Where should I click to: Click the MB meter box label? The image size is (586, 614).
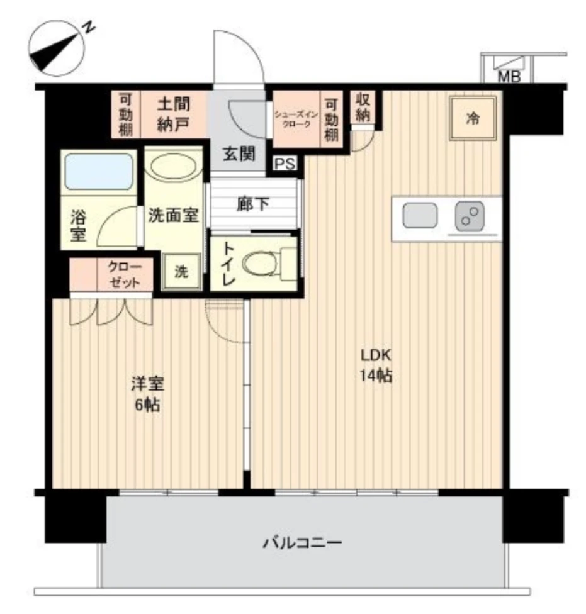[509, 77]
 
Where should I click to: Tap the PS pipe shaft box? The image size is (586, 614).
[285, 164]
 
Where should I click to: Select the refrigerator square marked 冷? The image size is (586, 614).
[473, 118]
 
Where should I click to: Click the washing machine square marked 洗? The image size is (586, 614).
[181, 272]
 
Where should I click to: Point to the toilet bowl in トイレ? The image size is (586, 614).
[260, 263]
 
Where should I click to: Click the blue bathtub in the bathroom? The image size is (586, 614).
[99, 172]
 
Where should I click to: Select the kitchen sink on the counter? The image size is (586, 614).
[420, 215]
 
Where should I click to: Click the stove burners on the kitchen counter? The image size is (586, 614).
[470, 216]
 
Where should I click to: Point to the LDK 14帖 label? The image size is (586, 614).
[376, 366]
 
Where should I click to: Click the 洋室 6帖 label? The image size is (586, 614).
[147, 394]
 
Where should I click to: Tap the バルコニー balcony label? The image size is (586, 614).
[302, 543]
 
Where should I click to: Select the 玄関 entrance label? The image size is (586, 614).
[239, 154]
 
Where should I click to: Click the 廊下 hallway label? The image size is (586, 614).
[252, 204]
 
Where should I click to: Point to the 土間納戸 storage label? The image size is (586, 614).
[173, 114]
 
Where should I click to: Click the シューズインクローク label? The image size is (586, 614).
[296, 119]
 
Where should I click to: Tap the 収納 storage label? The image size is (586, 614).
[363, 108]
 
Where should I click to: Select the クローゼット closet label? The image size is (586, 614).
[124, 275]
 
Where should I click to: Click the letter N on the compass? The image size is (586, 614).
[89, 28]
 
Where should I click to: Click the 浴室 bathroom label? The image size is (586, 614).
[78, 226]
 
